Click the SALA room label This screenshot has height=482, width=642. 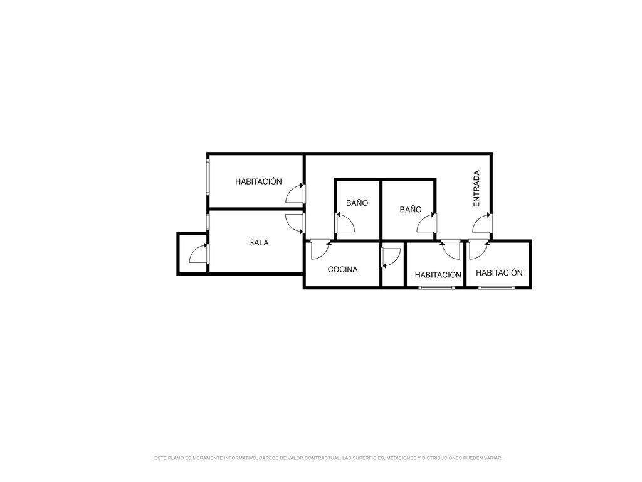pos(259,243)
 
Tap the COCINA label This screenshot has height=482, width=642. pos(343,269)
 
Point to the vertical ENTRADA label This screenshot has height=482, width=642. pos(476,188)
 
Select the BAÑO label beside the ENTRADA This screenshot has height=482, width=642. pos(411,210)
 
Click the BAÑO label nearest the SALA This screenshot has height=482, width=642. pos(357,203)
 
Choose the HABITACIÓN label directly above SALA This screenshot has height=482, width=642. pos(258,181)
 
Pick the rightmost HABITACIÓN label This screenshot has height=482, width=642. pos(499,272)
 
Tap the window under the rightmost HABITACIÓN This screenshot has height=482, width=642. pos(497,287)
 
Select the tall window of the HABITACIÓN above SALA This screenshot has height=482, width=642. pos(208,177)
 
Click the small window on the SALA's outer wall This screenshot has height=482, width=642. pos(208,222)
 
